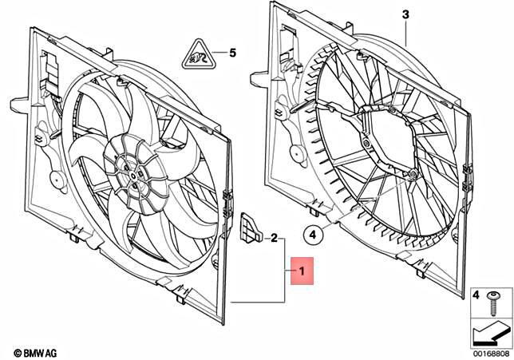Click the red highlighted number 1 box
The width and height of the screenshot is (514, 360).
click(x=304, y=272)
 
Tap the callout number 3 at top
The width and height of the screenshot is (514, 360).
click(x=405, y=15)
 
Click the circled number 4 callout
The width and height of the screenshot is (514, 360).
click(x=314, y=235)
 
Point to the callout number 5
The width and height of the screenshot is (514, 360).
click(x=233, y=53)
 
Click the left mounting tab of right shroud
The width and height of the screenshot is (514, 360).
click(x=259, y=80)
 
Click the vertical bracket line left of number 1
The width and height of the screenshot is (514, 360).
click(x=285, y=271)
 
